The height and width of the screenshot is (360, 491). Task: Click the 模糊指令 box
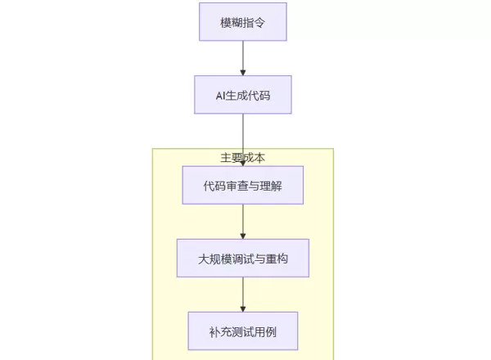243,22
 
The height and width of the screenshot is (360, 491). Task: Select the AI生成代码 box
243,95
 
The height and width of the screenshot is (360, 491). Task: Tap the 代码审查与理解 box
243,186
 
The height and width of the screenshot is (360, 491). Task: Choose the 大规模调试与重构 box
243,259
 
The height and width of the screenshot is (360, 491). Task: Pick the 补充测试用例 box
243,331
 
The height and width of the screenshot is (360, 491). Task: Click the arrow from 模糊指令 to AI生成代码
243,58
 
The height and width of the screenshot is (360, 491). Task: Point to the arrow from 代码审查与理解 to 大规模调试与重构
243,222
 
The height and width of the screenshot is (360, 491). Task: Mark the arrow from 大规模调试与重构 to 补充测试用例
243,295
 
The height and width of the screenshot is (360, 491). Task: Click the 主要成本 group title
243,157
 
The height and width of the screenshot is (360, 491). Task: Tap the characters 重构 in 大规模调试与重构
277,259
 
